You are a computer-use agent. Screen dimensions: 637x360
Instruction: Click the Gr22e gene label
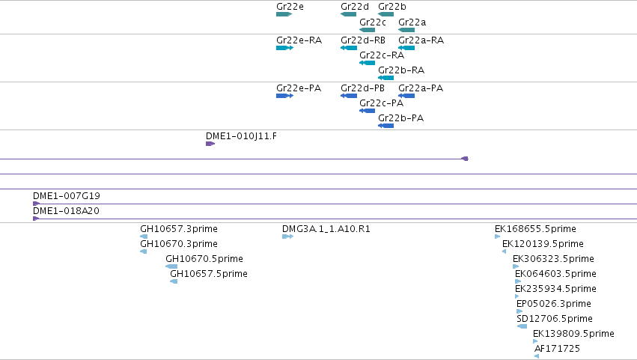click(x=290, y=7)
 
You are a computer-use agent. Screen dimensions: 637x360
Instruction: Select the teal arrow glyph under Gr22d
click(x=349, y=14)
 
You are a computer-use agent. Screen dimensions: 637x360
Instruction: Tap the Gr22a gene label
click(x=412, y=22)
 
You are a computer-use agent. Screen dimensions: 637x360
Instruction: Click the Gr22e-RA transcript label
click(x=299, y=40)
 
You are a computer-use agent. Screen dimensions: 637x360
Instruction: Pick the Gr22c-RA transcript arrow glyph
click(x=367, y=63)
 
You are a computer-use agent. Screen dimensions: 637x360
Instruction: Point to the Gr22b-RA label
click(x=401, y=70)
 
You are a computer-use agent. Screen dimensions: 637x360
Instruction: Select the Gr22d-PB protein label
click(x=362, y=88)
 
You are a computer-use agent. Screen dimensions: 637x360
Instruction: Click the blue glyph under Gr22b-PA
click(x=385, y=126)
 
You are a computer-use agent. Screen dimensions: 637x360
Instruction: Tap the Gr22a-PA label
click(x=421, y=88)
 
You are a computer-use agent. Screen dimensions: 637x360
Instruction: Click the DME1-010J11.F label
click(x=241, y=136)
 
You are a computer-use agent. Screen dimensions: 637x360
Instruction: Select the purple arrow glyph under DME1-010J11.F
click(x=210, y=144)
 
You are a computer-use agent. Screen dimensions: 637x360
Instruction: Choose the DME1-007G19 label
click(x=66, y=196)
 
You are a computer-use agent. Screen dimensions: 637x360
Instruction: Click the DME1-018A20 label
click(x=66, y=211)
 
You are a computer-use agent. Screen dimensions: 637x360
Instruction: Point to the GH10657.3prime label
click(x=179, y=229)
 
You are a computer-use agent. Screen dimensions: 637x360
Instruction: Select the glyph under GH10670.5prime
click(x=171, y=266)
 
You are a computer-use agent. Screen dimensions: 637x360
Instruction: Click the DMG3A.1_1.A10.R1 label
click(x=326, y=229)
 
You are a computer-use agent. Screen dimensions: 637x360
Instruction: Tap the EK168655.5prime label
click(x=535, y=229)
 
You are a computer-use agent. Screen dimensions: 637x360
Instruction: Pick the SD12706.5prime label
click(x=555, y=319)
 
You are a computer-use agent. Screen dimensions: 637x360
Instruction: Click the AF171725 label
click(x=557, y=349)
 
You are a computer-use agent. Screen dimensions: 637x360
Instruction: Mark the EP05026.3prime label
click(x=554, y=304)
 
